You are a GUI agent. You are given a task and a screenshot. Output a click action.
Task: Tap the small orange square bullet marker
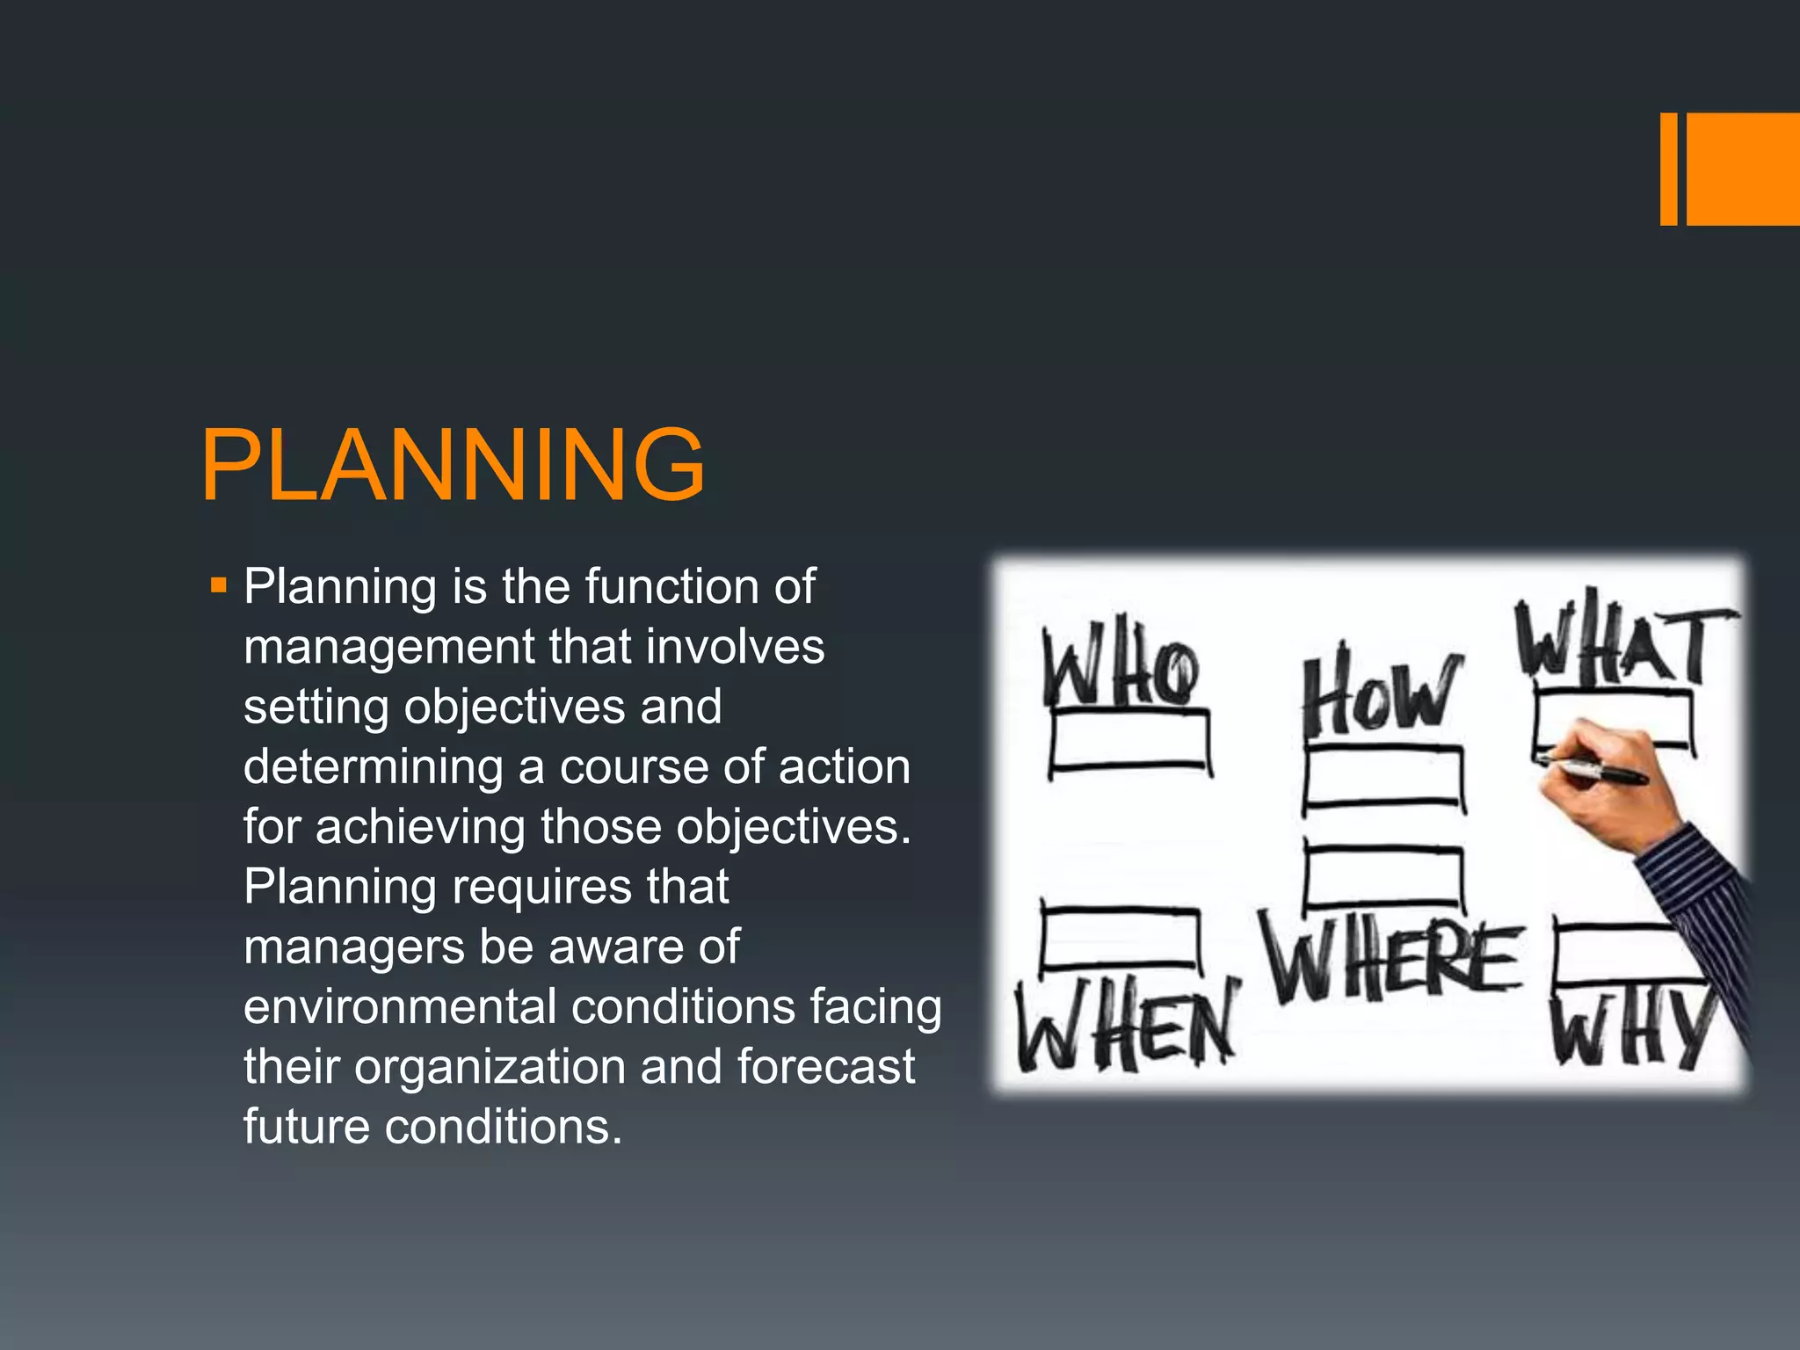tap(219, 584)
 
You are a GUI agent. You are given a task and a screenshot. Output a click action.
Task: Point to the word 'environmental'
tap(400, 1006)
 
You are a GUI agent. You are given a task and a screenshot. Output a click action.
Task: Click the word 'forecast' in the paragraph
tap(825, 1066)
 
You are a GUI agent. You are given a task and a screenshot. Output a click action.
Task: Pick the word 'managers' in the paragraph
tap(354, 947)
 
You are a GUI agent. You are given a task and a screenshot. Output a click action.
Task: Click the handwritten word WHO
tap(1121, 671)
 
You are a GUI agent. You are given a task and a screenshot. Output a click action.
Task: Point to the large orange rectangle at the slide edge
tap(1743, 169)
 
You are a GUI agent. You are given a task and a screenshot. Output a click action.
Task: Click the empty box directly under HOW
tap(1383, 778)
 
